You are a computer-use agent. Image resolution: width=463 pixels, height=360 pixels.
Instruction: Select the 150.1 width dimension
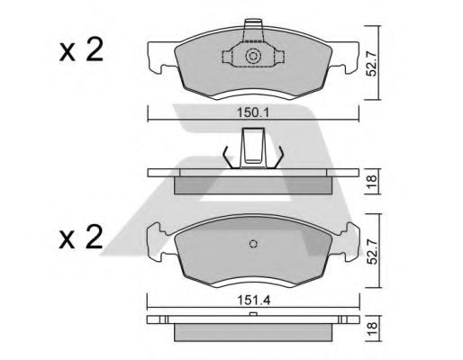(253, 112)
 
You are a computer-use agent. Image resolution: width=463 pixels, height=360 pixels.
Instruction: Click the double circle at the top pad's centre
(253, 58)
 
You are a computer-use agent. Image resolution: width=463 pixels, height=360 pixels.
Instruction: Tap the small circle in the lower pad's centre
(253, 243)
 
